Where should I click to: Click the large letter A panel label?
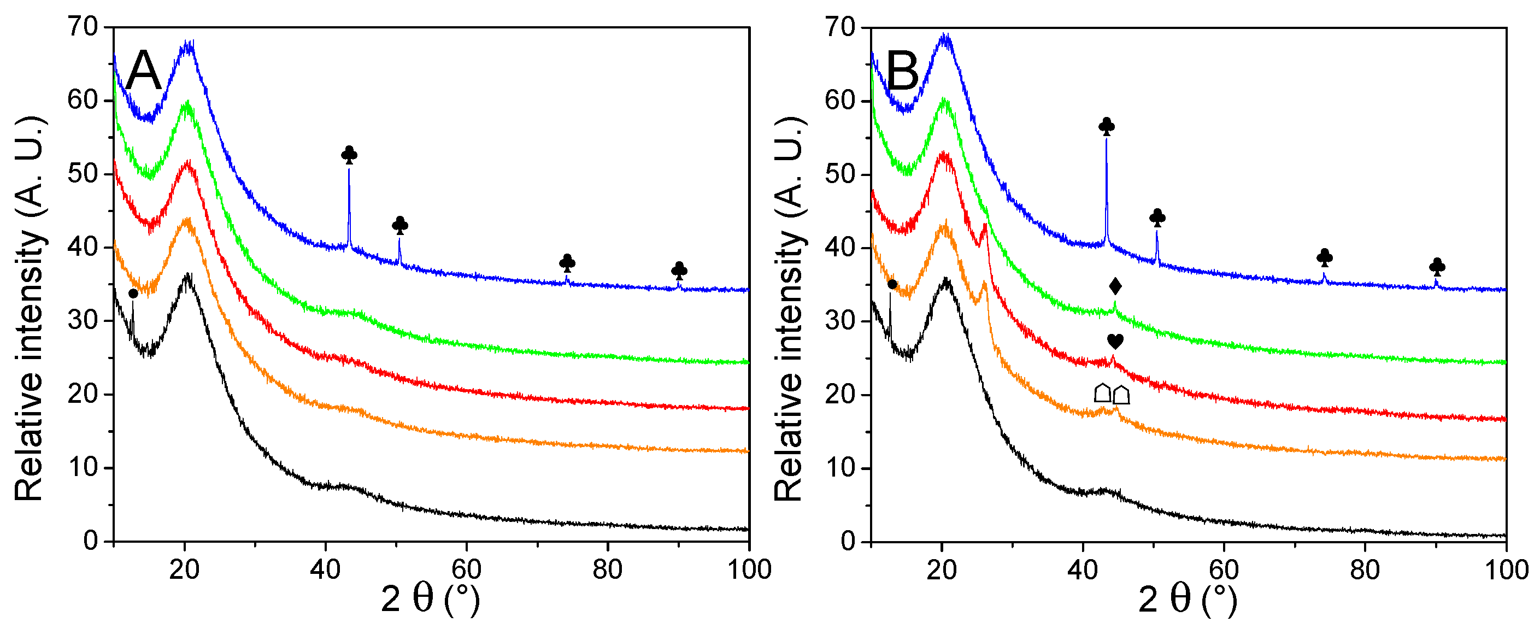coord(144,71)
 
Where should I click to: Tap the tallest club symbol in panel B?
coord(1107,126)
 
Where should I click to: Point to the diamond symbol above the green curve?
coord(1115,286)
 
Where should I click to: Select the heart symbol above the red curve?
coord(1115,342)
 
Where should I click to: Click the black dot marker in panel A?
coord(133,293)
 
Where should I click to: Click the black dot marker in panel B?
coord(892,284)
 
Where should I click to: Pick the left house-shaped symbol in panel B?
coord(1102,393)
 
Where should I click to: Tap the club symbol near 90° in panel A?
coord(679,271)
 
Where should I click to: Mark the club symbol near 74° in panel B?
coord(1325,258)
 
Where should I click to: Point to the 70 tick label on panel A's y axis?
coord(83,27)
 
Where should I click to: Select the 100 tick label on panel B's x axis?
coord(1507,570)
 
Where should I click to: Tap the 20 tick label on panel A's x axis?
coord(184,570)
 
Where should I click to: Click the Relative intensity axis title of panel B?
coord(789,308)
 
